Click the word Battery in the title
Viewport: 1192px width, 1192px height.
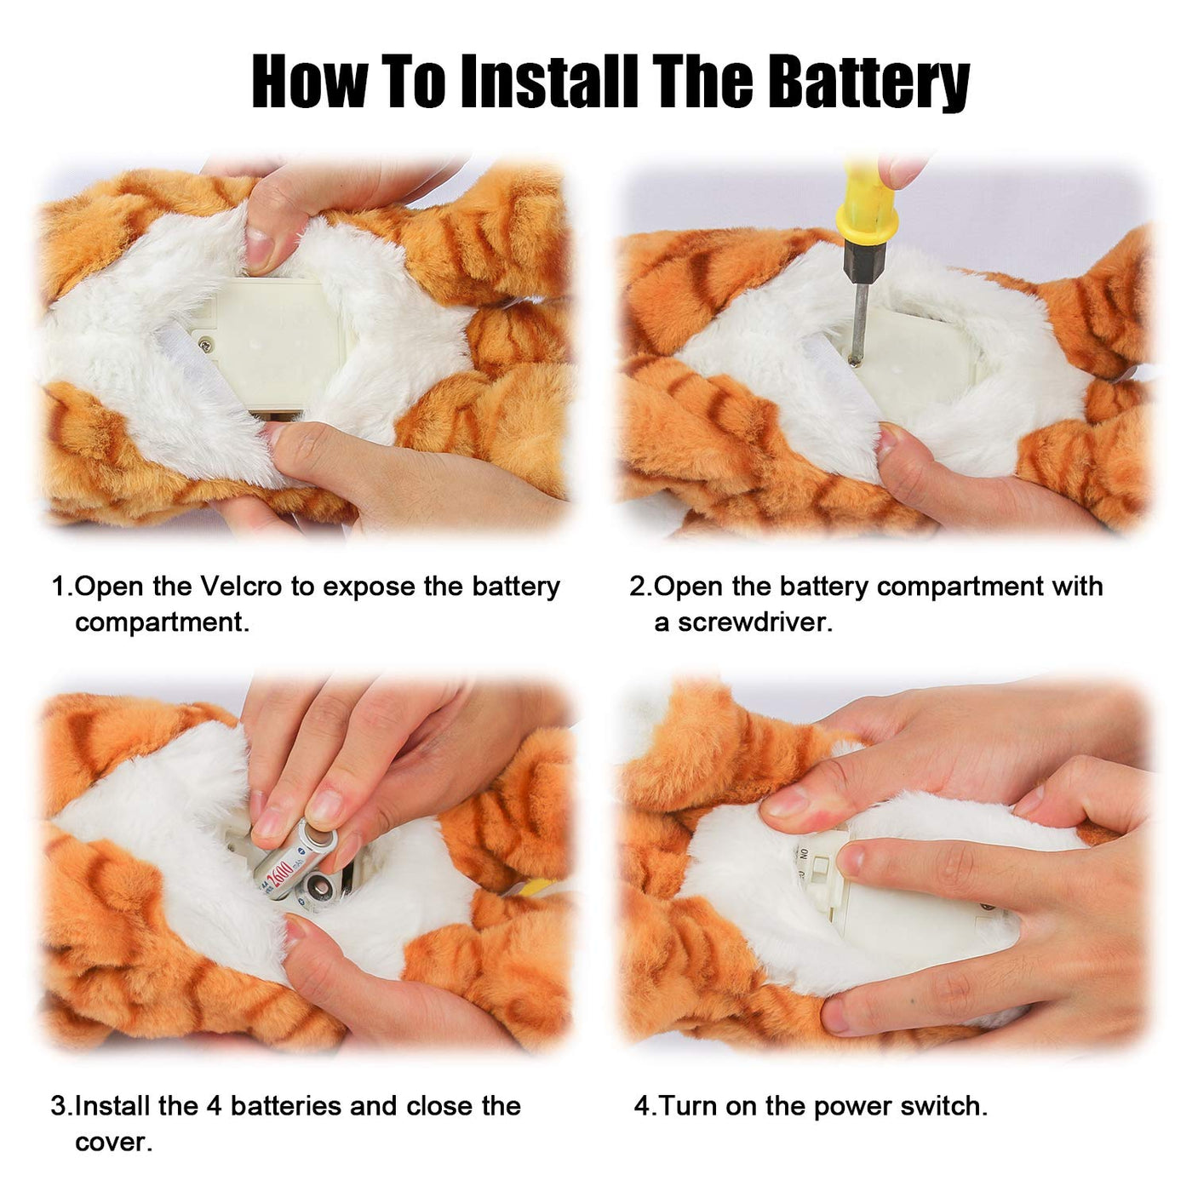pos(872,82)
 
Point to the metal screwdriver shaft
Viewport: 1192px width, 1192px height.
pos(858,323)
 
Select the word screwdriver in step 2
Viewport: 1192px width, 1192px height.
pos(755,622)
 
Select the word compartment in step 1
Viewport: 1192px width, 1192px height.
pos(162,623)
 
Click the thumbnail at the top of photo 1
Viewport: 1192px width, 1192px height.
pos(261,248)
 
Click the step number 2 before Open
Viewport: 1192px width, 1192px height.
pos(637,587)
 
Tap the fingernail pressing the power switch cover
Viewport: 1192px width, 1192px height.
pos(851,859)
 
